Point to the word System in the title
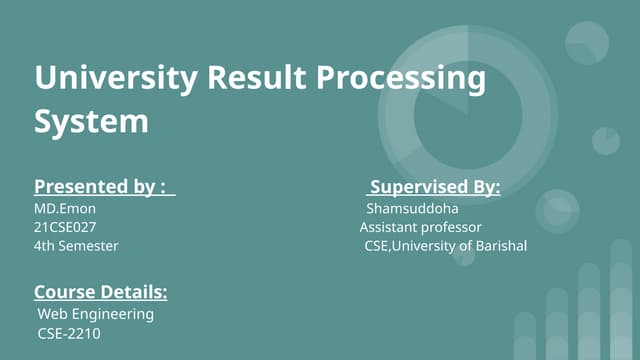point(91,122)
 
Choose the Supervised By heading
point(435,187)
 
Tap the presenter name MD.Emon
point(65,209)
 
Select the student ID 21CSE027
point(65,227)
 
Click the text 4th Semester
point(76,245)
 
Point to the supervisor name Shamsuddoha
point(412,209)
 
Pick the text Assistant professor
point(421,227)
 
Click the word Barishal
point(501,245)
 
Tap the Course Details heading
point(100,292)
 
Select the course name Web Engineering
point(96,314)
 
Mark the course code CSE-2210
point(69,332)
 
